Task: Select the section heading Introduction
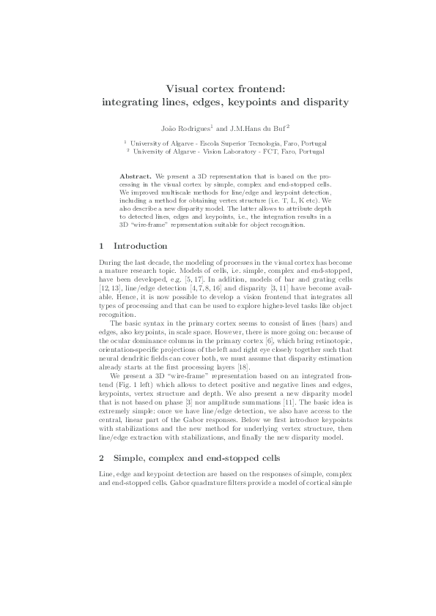(x=141, y=246)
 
